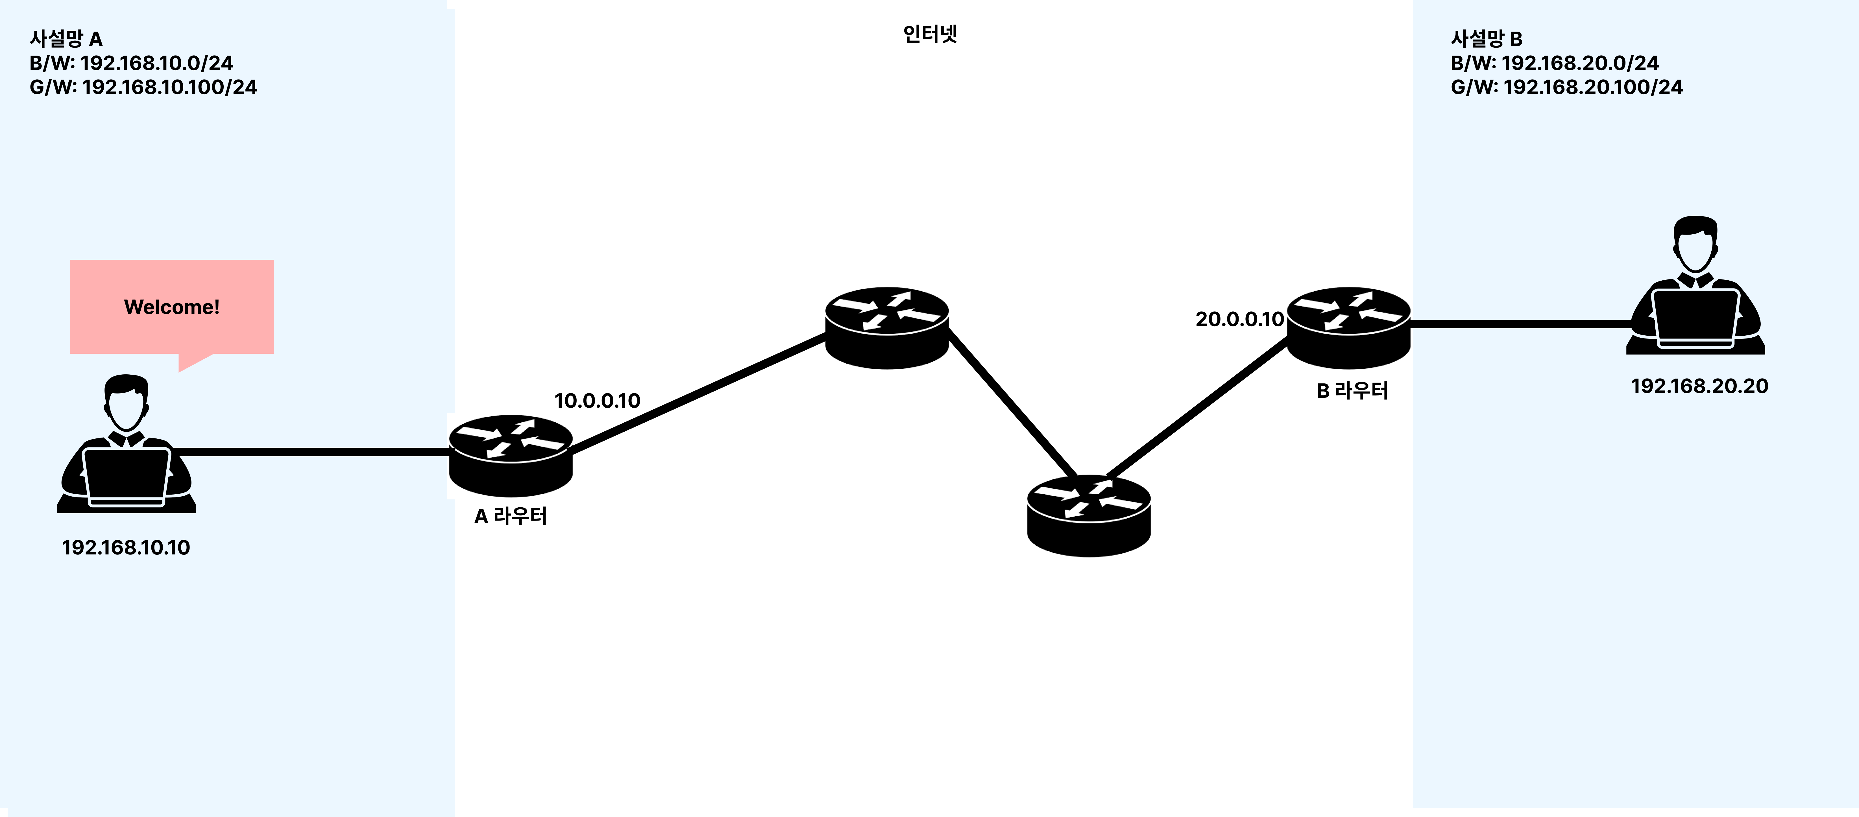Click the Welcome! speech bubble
point(172,307)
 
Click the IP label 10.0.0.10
point(597,401)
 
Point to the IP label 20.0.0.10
point(1239,319)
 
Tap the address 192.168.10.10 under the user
point(126,547)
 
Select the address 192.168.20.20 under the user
point(1699,386)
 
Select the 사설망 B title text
point(1487,38)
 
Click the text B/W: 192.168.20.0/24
point(1555,63)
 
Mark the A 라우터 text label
point(510,516)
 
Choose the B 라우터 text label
point(1352,390)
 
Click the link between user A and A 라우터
point(310,452)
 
